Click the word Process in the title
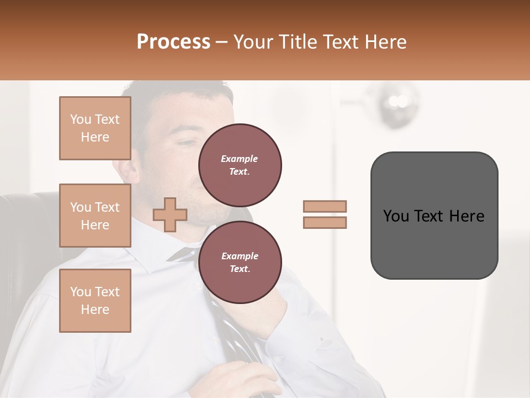[x=173, y=42]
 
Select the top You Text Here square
[x=95, y=128]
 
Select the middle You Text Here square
[x=95, y=216]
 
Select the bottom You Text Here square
[x=95, y=300]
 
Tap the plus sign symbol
[x=170, y=214]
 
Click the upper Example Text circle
[x=240, y=165]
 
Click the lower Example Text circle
[x=240, y=262]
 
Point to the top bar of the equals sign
[x=325, y=206]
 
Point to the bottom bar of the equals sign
[x=325, y=222]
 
